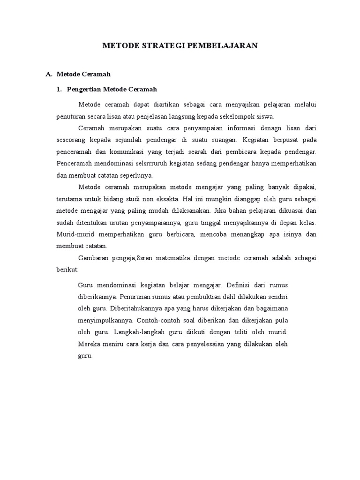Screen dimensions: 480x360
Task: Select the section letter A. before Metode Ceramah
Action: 48,74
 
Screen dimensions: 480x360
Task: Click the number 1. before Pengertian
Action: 59,89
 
